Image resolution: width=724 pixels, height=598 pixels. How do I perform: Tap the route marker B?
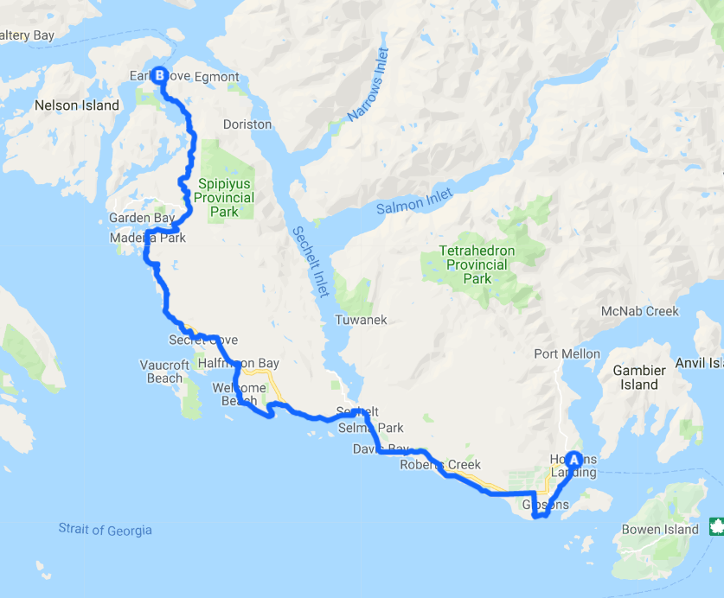160,75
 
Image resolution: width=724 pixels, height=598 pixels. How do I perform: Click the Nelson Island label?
76,105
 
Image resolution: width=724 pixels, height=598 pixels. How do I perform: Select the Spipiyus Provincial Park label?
226,198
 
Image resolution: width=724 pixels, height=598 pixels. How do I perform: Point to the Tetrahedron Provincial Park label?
477,264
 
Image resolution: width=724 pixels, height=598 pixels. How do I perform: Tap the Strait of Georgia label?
105,529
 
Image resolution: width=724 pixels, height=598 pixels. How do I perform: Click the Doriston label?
247,124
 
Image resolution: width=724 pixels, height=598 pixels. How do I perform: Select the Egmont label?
216,77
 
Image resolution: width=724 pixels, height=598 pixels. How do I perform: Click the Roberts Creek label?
440,465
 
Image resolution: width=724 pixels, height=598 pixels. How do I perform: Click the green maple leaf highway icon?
715,525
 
